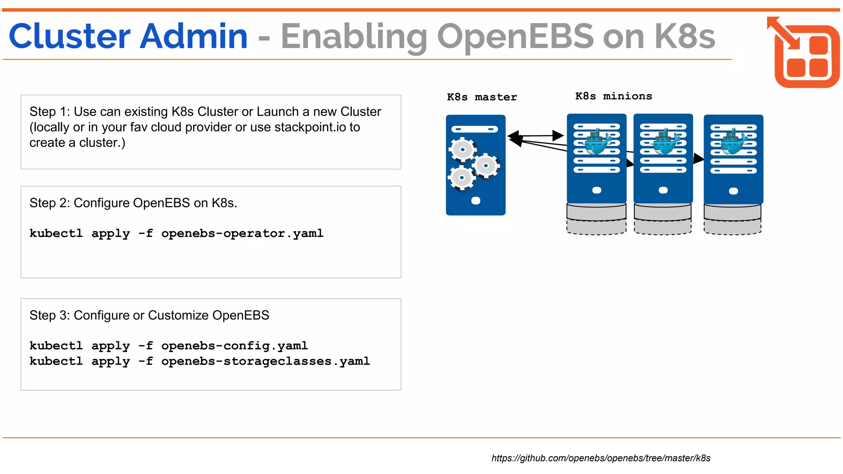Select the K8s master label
482,97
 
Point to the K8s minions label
613,96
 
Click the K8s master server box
475,165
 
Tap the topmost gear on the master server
463,149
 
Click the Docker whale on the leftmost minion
597,142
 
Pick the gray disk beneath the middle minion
663,218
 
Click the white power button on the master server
475,201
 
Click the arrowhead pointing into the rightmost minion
699,158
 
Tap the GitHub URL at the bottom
601,458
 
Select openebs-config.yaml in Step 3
234,346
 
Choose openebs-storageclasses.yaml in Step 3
265,361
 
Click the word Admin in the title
193,36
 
